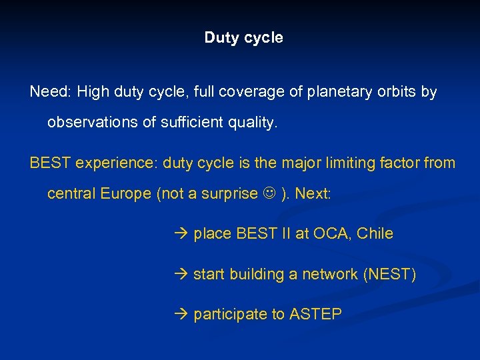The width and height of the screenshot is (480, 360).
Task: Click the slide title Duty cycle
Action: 243,38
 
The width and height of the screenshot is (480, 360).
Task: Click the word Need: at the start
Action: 51,92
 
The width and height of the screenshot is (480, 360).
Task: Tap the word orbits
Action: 396,92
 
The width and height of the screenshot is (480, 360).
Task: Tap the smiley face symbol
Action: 269,194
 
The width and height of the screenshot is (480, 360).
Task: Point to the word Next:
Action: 313,194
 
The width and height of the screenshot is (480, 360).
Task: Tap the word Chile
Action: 375,234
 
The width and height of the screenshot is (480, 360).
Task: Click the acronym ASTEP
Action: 315,314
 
